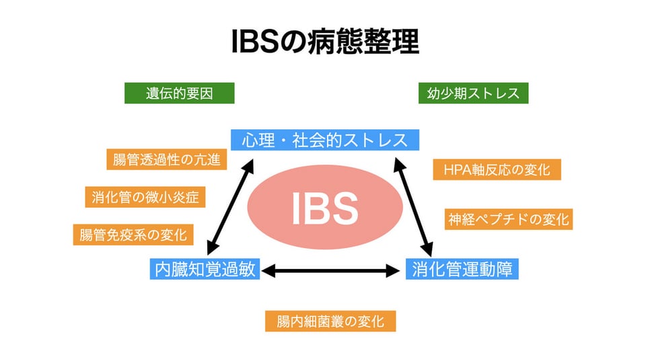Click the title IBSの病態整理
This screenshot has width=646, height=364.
(x=325, y=41)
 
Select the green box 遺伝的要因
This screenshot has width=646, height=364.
(x=180, y=93)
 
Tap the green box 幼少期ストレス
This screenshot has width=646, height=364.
(x=473, y=93)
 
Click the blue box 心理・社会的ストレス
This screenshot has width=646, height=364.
(x=325, y=140)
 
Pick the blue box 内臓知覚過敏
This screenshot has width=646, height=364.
(x=205, y=269)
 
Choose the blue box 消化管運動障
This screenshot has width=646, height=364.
(x=462, y=269)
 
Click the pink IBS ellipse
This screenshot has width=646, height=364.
(x=325, y=207)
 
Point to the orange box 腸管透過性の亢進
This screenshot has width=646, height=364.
(x=167, y=159)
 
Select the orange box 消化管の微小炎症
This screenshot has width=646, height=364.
(x=145, y=197)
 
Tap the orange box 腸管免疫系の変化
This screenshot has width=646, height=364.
(x=133, y=235)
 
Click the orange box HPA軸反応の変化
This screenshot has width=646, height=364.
(x=497, y=170)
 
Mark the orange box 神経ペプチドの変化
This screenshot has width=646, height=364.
(x=509, y=219)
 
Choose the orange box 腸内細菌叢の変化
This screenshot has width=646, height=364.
(x=330, y=321)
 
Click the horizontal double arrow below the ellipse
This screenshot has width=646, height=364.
(x=330, y=271)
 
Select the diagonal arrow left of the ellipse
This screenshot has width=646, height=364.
(x=230, y=207)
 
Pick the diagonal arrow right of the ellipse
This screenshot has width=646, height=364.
(x=412, y=207)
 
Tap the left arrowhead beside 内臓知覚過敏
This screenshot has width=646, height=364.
(x=268, y=271)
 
